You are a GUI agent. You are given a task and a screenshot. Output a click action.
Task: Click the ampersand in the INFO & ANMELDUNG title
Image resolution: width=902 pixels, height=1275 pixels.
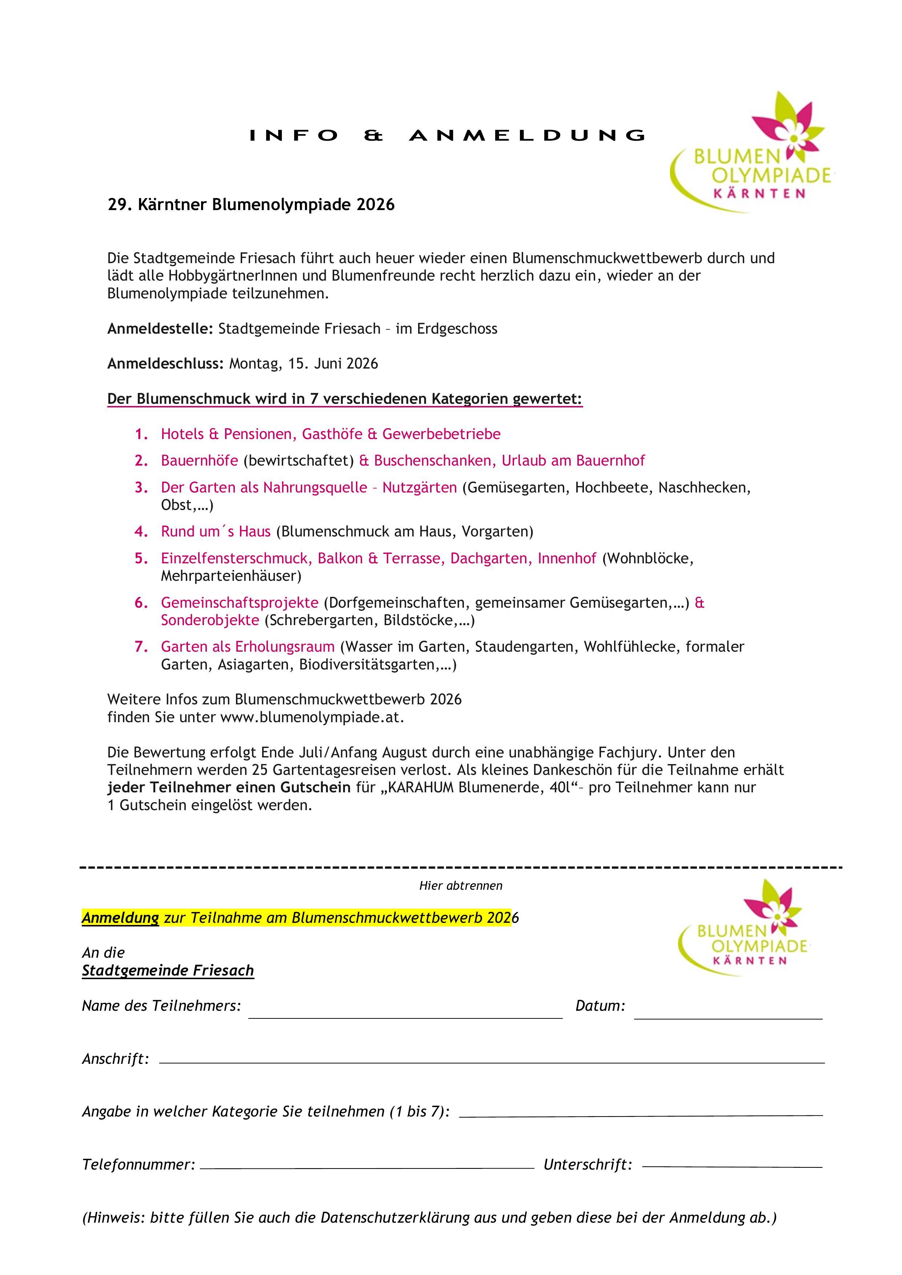tap(374, 136)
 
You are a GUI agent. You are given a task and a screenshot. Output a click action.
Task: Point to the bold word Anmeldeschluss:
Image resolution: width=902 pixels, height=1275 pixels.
tap(165, 364)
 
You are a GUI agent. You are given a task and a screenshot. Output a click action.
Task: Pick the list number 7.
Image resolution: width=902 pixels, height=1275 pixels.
tap(141, 647)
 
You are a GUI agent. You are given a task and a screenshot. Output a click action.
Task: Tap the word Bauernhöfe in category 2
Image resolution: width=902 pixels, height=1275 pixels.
tap(199, 461)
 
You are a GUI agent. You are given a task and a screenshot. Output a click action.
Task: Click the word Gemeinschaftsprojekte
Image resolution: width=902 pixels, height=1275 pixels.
tap(239, 603)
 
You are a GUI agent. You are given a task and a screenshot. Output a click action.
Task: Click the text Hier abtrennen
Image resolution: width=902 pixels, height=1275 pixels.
tap(460, 886)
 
